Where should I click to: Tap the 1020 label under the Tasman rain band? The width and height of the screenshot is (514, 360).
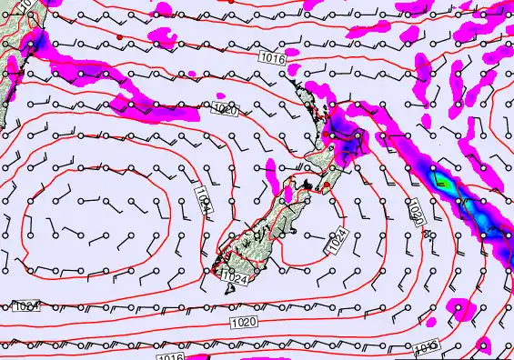224,110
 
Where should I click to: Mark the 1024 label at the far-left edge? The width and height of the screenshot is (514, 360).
25,305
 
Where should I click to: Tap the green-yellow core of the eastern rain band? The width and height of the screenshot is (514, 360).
445,181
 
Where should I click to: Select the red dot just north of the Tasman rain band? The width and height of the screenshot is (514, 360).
119,36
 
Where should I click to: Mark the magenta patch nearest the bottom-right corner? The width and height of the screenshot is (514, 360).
484,344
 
